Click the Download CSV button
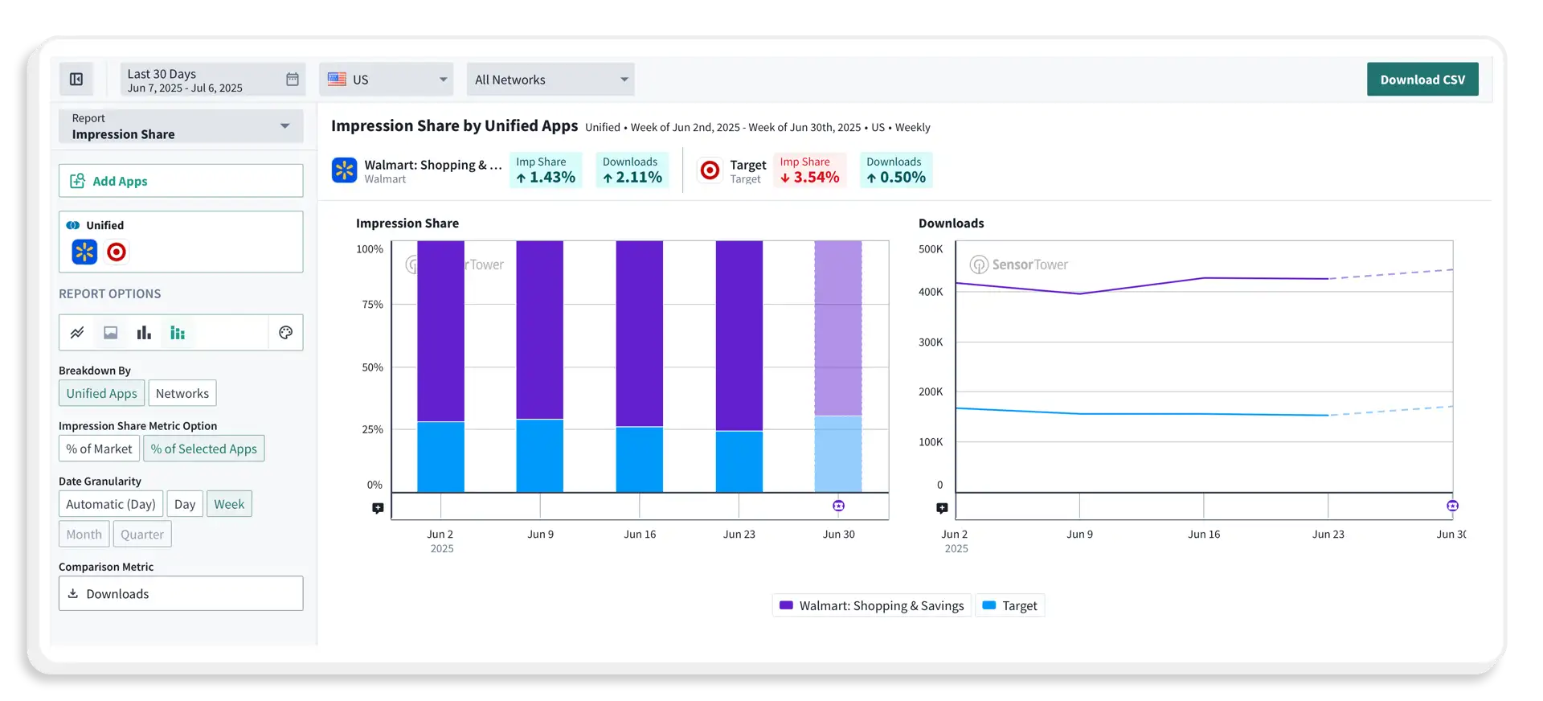1422,80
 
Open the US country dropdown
387,80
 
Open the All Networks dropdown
550,80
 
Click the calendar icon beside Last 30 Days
293,80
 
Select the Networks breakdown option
182,393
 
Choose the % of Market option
99,449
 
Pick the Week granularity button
229,504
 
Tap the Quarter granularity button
142,534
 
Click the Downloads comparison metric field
181,593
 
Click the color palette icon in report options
285,333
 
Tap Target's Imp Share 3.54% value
809,177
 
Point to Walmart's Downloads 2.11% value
632,177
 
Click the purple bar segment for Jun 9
539,330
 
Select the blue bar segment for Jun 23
739,461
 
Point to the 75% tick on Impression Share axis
373,305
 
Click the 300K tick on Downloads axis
931,342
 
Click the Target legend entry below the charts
1010,605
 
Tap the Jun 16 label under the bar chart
640,535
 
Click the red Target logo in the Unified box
117,252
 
